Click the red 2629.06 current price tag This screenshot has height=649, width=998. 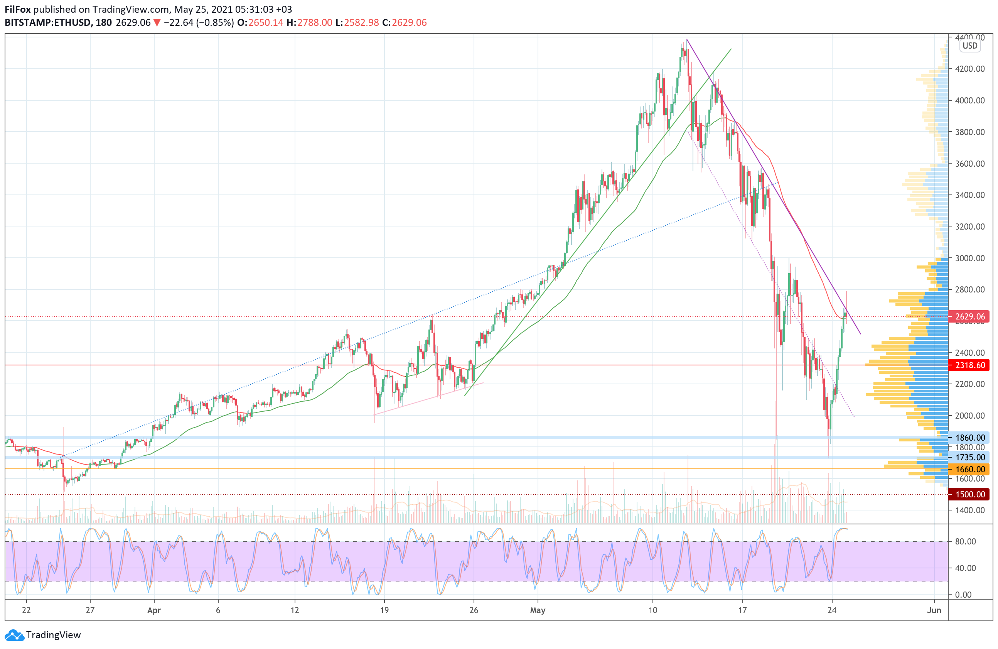[x=969, y=316]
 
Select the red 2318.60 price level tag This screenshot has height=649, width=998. [x=969, y=365]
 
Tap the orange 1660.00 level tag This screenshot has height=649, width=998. [x=969, y=469]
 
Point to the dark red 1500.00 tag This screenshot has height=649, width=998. [x=969, y=494]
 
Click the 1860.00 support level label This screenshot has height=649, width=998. [x=969, y=438]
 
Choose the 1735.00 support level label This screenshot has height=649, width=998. [x=969, y=457]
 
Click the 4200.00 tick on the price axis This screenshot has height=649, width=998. [x=969, y=69]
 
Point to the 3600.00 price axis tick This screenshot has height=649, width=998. [x=969, y=164]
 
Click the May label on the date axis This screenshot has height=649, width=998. [x=538, y=610]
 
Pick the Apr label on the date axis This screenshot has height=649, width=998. [x=154, y=610]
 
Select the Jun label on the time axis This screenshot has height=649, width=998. [x=934, y=610]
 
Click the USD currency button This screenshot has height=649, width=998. [x=969, y=46]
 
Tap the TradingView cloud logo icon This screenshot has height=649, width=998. [x=14, y=635]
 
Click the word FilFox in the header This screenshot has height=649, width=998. [x=18, y=9]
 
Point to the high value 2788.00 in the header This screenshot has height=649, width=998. [x=315, y=23]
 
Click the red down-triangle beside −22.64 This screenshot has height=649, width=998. [x=157, y=23]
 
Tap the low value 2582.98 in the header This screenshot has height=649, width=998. [x=361, y=23]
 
